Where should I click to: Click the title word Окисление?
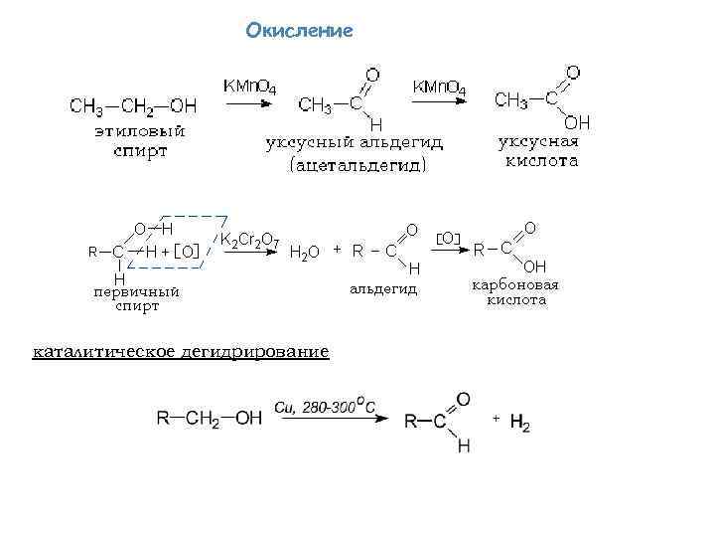(x=299, y=31)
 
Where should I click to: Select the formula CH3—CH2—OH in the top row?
(x=133, y=105)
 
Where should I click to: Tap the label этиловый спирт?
(x=140, y=141)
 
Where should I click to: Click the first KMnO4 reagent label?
(x=248, y=88)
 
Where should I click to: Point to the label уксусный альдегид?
(x=354, y=142)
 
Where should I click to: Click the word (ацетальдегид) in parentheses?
(x=357, y=164)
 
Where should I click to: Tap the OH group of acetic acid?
(x=576, y=122)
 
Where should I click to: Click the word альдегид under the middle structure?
(x=383, y=289)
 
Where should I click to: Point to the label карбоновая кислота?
(x=515, y=291)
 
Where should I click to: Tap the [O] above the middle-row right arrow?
(x=448, y=239)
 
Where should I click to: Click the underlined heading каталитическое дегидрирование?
(x=181, y=352)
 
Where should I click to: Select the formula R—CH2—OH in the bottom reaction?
(x=209, y=419)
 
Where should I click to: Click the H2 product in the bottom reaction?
(x=519, y=425)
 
